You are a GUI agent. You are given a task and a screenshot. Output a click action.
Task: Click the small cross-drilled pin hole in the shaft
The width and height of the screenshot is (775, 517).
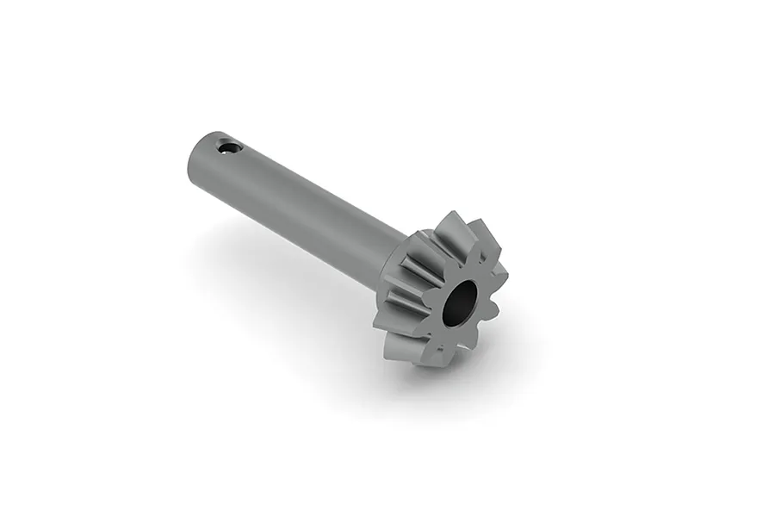pos(228,147)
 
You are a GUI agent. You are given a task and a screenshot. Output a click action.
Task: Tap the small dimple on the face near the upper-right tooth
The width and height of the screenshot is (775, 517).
pos(482,267)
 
